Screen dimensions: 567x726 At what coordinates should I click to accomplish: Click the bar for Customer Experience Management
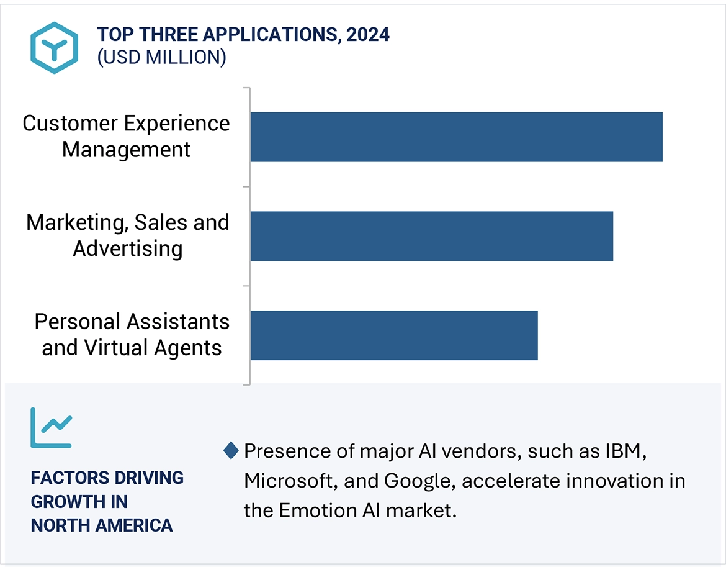coord(456,137)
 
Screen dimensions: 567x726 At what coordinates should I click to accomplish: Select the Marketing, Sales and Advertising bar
coord(431,236)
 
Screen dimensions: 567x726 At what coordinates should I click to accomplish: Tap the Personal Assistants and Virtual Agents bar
coord(394,335)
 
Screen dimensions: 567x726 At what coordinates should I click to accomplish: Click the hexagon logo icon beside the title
coord(55,48)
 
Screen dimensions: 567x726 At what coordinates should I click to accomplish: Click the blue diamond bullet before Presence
coord(231,451)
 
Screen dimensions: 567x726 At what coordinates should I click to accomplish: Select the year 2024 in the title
coord(368,35)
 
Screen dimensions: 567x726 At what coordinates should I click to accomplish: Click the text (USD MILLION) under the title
coord(161,58)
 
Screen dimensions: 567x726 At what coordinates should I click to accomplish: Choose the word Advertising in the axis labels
coord(128,249)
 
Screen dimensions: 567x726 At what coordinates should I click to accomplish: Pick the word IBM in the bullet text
coord(625,451)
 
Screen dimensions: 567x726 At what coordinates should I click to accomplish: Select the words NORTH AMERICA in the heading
coord(102,525)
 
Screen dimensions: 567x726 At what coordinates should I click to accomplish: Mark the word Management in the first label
coord(126,150)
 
